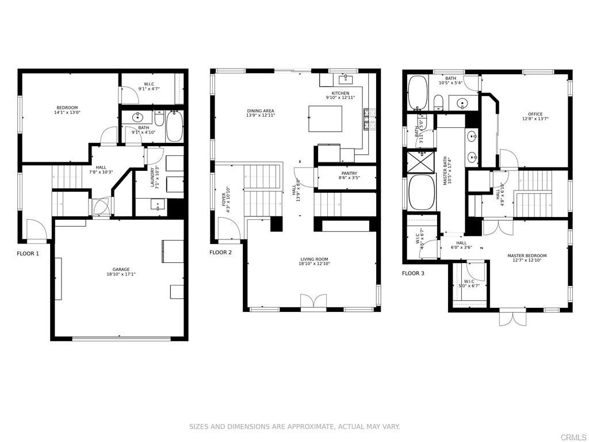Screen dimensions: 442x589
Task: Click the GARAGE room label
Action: pos(121,269)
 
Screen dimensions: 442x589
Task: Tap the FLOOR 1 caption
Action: pos(28,253)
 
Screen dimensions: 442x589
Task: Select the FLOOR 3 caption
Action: pos(413,273)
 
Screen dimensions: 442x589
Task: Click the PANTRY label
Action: pos(349,173)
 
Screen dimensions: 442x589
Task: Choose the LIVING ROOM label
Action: pos(313,260)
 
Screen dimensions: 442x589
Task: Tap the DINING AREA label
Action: pos(261,110)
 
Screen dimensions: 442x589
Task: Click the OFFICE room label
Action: pos(535,114)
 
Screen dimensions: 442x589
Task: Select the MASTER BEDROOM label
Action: pos(526,256)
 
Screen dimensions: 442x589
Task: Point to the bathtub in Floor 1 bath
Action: pos(174,127)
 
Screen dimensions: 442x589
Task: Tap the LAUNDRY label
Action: pos(153,177)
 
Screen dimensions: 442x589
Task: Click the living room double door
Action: pos(313,303)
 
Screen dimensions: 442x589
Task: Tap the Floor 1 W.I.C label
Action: pos(148,84)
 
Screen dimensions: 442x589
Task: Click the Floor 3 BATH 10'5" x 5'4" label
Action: pos(450,78)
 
